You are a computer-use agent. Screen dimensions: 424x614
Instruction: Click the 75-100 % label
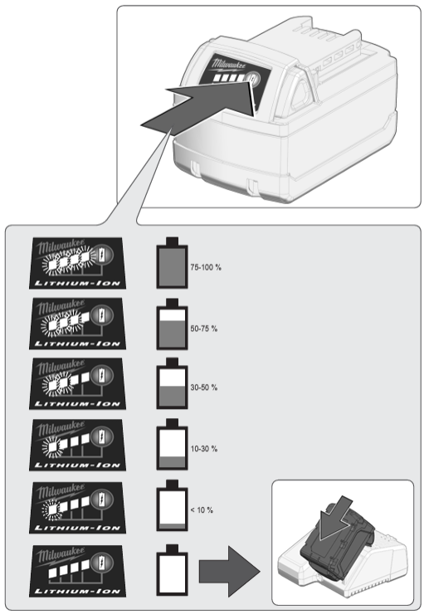coord(206,267)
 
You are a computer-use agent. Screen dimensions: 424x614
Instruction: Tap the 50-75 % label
coord(203,329)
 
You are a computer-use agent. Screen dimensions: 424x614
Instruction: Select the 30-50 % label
coord(203,387)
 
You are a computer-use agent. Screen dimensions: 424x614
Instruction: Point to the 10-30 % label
coord(203,449)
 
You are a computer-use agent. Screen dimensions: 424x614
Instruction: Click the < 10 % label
coord(202,509)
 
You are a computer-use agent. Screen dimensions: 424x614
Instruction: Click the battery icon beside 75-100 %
coord(172,263)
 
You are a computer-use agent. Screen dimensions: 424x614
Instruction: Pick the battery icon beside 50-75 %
coord(172,324)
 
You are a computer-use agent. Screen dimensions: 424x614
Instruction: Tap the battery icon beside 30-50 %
coord(172,383)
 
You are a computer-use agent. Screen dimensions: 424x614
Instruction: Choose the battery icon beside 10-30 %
coord(172,445)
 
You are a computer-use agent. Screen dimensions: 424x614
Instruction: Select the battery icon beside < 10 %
coord(172,505)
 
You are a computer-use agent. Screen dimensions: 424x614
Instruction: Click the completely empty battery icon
coord(172,570)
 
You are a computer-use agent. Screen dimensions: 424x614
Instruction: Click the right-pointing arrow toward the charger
coord(229,572)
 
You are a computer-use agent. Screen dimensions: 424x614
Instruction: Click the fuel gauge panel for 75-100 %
coord(77,263)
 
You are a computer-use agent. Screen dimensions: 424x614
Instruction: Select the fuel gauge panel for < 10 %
coord(77,508)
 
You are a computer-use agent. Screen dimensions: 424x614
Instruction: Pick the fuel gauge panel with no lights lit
coord(77,572)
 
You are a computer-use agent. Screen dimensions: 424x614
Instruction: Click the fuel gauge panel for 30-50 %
coord(77,383)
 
